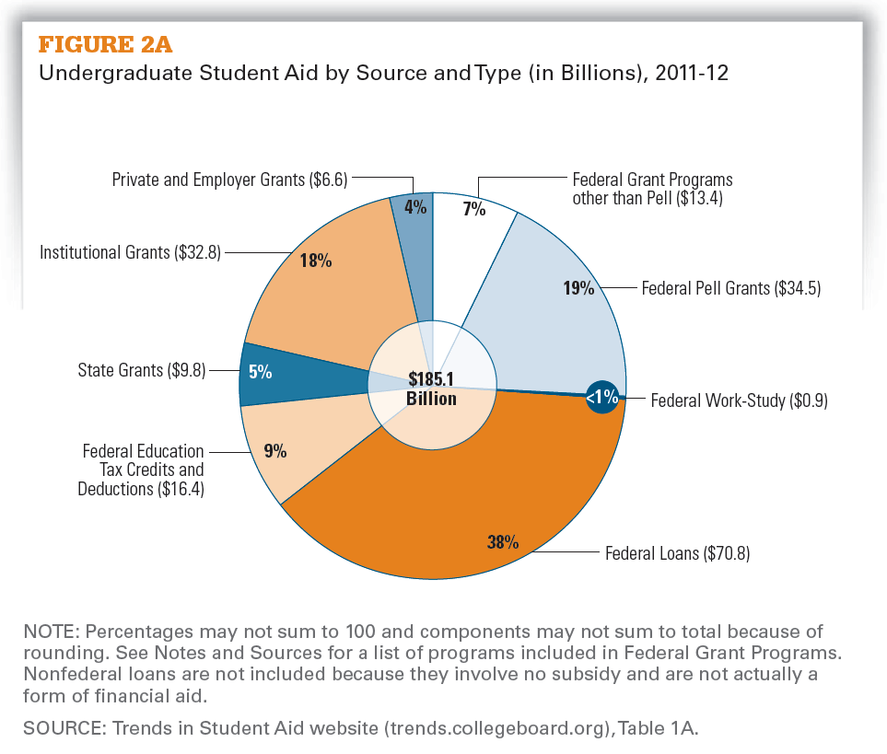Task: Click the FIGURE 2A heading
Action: (103, 44)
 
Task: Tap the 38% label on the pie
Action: (503, 541)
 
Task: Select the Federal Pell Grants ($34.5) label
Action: (730, 288)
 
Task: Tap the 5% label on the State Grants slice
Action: (260, 372)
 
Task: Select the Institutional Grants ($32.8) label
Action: (130, 251)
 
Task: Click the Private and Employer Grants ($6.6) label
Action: (229, 180)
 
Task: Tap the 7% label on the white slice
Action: (474, 208)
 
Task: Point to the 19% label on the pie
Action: (578, 287)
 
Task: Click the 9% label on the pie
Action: (274, 451)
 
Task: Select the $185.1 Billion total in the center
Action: (432, 390)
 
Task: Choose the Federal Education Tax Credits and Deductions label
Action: (144, 470)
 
